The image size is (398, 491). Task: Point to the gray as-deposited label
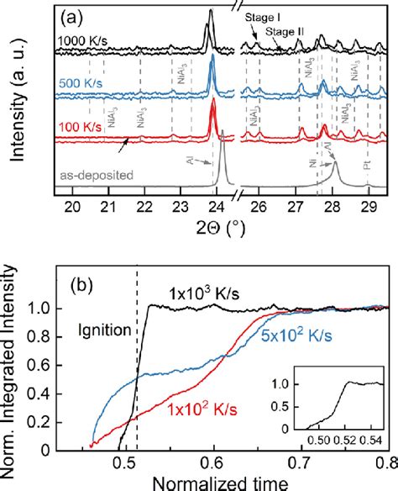pyautogui.click(x=97, y=174)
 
